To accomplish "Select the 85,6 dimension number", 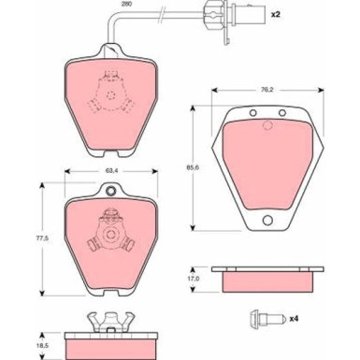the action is [x=193, y=167].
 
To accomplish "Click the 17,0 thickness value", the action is [x=194, y=279].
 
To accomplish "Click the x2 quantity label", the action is [x=275, y=15].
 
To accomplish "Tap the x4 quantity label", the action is [x=294, y=319].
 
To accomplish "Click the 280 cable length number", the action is [x=127, y=4].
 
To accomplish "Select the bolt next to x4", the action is [x=266, y=319].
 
